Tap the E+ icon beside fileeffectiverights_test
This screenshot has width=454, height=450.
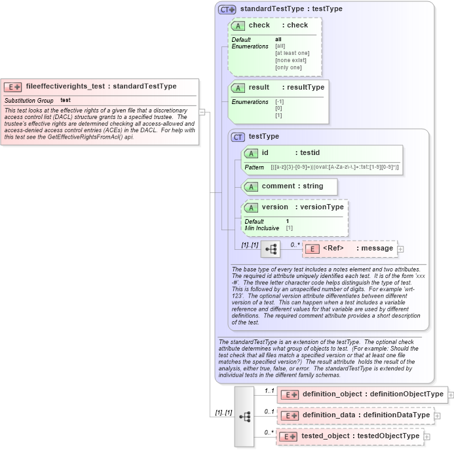click(x=14, y=86)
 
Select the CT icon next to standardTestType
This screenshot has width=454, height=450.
click(x=227, y=10)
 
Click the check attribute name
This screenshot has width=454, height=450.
click(x=259, y=26)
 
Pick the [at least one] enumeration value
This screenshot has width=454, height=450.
click(x=292, y=53)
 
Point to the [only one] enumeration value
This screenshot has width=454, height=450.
click(x=288, y=67)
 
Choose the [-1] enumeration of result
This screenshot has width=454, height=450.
click(x=280, y=101)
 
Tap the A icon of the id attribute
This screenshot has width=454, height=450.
click(x=250, y=153)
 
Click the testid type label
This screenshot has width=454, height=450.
click(x=310, y=153)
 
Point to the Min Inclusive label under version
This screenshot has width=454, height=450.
click(x=261, y=228)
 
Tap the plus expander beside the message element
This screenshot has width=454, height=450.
click(x=401, y=249)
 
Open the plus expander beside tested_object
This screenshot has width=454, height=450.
click(x=427, y=436)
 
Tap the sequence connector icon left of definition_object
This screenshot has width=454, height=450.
click(x=244, y=415)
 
